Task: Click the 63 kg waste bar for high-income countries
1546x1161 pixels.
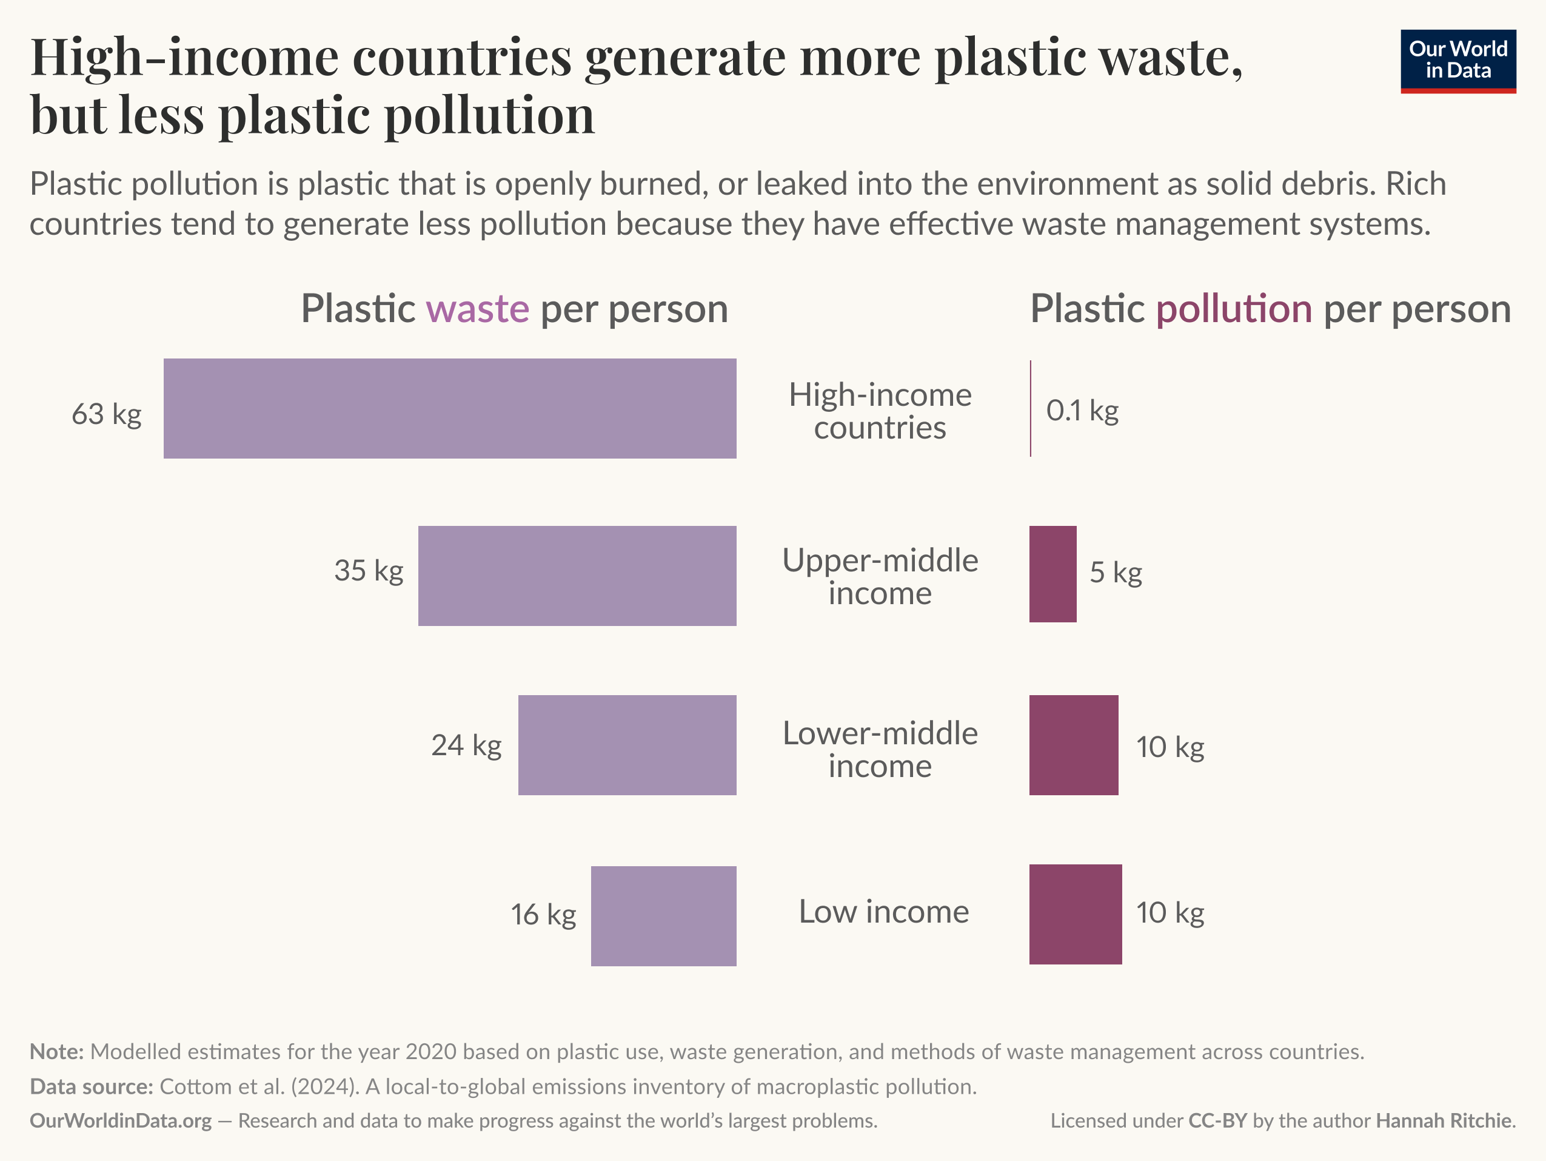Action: point(449,408)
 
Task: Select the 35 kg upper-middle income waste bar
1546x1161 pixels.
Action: point(577,576)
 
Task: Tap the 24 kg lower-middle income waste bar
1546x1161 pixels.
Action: point(627,745)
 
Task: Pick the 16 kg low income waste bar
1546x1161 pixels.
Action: point(663,916)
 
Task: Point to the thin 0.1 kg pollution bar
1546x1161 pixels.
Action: point(1030,408)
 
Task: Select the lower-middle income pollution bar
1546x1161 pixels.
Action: point(1074,745)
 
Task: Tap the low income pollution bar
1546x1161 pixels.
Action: point(1075,915)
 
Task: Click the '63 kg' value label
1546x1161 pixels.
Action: point(106,414)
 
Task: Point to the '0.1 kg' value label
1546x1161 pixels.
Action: point(1082,411)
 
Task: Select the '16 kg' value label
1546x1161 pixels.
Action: point(543,915)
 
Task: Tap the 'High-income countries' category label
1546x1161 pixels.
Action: point(880,411)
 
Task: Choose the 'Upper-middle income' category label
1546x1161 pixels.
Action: point(880,577)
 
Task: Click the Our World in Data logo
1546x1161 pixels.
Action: point(1458,61)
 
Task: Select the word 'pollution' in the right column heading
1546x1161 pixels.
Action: point(1234,309)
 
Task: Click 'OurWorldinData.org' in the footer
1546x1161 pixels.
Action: point(120,1121)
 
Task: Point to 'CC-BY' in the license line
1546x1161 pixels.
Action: point(1217,1121)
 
